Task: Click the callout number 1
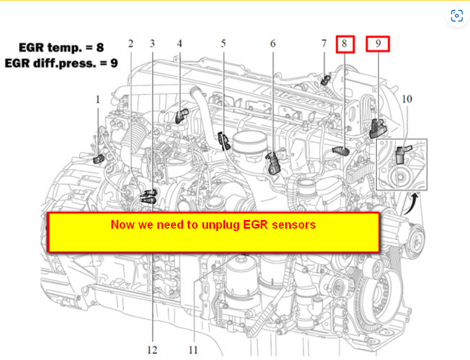point(98,100)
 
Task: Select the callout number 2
point(130,44)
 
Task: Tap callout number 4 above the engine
point(180,44)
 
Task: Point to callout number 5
point(223,44)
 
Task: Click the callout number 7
point(324,44)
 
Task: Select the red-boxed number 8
point(345,44)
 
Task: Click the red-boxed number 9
point(377,44)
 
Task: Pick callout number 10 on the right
point(406,99)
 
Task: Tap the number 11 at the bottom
point(193,350)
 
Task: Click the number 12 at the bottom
point(152,350)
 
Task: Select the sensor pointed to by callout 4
point(182,115)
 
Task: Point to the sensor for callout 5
point(223,139)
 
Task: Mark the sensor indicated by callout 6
point(273,163)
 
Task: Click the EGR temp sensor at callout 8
point(340,151)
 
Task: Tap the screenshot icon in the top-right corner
point(457,15)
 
